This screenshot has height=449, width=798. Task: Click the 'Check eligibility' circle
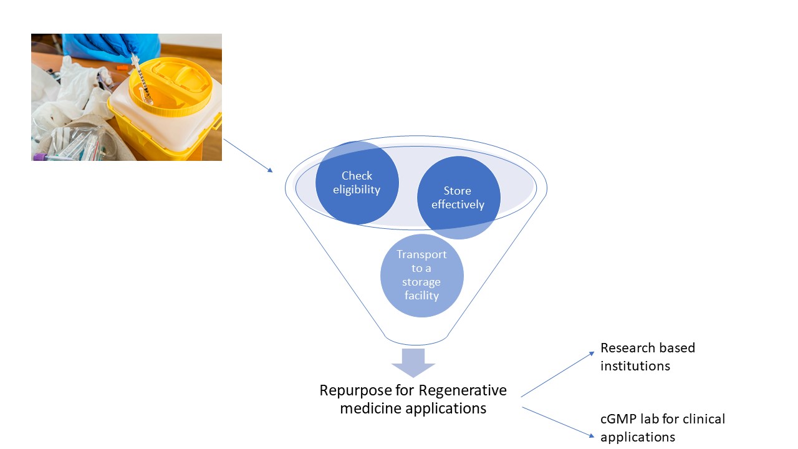[x=357, y=183]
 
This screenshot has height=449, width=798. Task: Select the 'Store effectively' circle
[x=458, y=197]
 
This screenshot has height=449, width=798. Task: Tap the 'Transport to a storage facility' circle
[x=422, y=275]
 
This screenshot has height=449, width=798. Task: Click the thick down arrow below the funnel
[x=413, y=362]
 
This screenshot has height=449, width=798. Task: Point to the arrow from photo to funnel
[x=248, y=155]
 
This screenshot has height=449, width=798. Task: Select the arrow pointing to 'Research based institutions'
[x=557, y=374]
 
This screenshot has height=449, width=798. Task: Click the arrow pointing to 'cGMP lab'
[x=557, y=421]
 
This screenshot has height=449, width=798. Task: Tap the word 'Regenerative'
[x=463, y=391]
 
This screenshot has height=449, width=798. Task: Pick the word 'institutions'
[x=635, y=366]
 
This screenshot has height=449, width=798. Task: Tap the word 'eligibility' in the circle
[x=357, y=190]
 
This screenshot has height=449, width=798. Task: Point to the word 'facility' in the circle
[x=422, y=296]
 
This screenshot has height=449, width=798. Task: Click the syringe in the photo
[x=141, y=79]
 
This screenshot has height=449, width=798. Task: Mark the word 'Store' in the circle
[x=458, y=191]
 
